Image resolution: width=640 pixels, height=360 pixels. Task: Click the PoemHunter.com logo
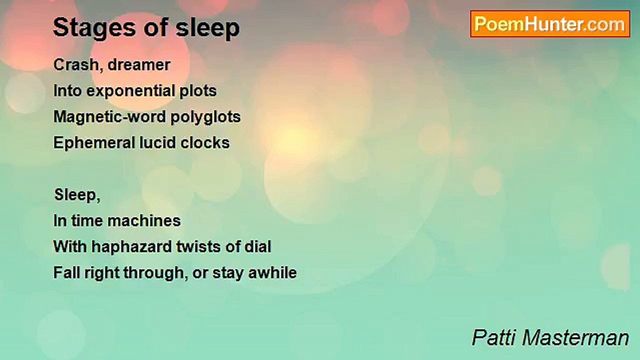point(550,24)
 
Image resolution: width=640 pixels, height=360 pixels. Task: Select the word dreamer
point(139,64)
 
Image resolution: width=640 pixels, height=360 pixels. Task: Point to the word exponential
point(130,91)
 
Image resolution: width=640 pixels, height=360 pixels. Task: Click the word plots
point(198,91)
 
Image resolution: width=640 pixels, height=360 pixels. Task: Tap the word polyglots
point(205,117)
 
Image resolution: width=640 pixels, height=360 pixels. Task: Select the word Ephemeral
point(94,143)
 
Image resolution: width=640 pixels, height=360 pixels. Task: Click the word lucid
point(157,142)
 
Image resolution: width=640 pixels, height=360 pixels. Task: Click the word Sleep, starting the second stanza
point(77,195)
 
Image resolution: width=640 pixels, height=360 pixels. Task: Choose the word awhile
point(272,272)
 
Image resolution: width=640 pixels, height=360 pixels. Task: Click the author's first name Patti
point(494,337)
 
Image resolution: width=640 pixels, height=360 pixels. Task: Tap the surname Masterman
point(575,337)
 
